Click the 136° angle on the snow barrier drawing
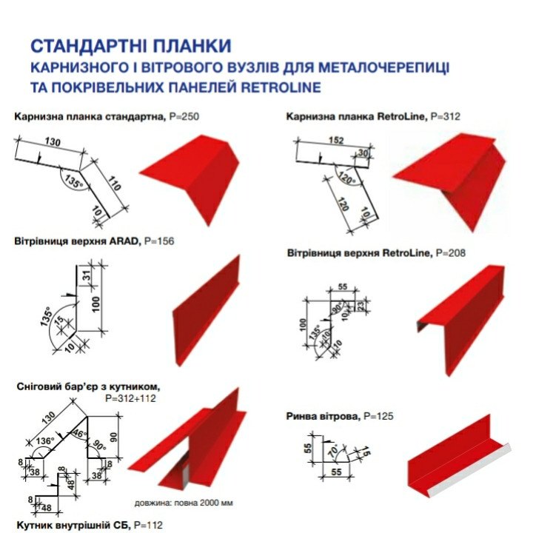(46, 441)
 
